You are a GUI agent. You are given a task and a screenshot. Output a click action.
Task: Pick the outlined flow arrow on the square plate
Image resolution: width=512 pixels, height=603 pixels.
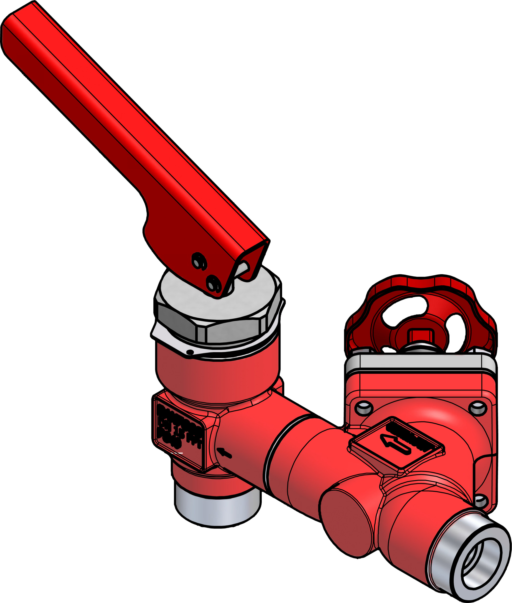[395, 445]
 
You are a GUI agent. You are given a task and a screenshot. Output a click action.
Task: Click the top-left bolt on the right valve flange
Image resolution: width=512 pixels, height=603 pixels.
[364, 408]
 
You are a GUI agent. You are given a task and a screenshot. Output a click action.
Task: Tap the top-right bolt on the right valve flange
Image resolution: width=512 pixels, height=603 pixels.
[478, 408]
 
